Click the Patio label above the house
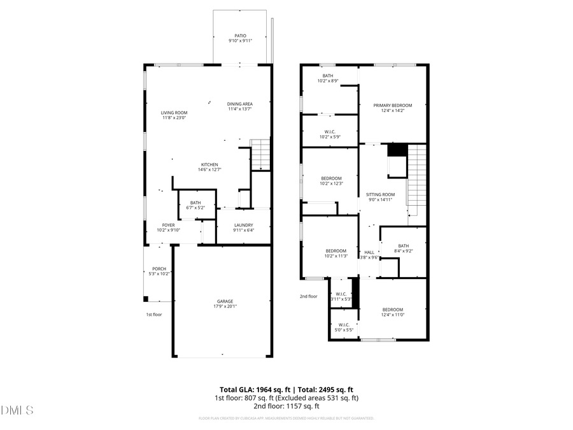(x=240, y=36)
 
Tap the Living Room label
(x=174, y=113)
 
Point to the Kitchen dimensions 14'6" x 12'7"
(x=209, y=169)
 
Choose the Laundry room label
(x=243, y=225)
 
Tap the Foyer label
(x=168, y=225)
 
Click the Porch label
(x=159, y=269)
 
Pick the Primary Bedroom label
(x=392, y=105)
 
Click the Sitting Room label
(x=380, y=194)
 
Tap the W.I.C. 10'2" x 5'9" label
(x=329, y=132)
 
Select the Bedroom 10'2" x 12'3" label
(x=331, y=178)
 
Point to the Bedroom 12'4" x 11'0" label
(x=392, y=310)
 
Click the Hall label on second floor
(x=369, y=252)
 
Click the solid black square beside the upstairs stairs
(x=397, y=150)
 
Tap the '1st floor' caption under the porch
(x=153, y=314)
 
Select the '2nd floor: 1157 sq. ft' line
(x=286, y=406)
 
